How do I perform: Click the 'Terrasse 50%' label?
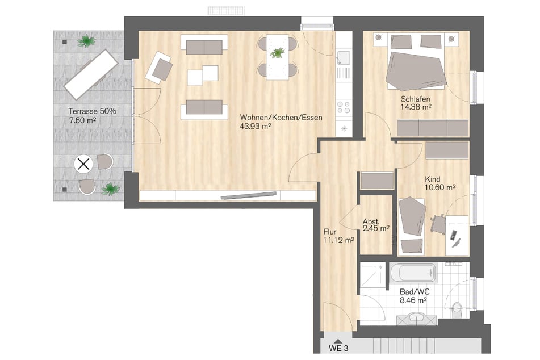tap(92, 111)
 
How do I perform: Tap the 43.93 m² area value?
tap(255, 127)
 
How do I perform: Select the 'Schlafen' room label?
tap(415, 99)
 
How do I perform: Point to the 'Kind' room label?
tap(433, 179)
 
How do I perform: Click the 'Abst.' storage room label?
tap(371, 222)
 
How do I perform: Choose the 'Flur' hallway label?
tap(330, 232)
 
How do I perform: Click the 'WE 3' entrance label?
tap(338, 348)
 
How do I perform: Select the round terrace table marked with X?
tap(83, 164)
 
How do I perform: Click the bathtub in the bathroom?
tap(413, 273)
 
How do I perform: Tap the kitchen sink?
tap(344, 58)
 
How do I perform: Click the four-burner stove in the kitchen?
tap(344, 107)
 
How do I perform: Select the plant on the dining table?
tap(277, 53)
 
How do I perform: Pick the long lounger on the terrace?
tap(92, 74)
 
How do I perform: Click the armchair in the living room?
tap(159, 68)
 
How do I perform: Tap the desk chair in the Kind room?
tap(437, 224)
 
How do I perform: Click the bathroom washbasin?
tap(417, 319)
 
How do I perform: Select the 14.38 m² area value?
tap(416, 107)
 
